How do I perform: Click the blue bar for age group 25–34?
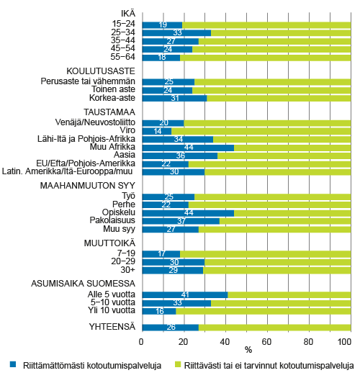tap(176, 33)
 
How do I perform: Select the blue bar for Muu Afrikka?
tap(187, 147)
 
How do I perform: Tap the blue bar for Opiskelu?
tap(187, 213)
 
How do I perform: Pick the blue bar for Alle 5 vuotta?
tap(184, 295)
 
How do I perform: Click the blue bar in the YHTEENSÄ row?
tap(170, 328)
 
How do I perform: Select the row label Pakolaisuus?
tap(115, 221)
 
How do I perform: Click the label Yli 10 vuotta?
tap(112, 311)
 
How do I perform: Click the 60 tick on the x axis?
tap(267, 341)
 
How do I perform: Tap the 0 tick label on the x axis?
tap(142, 341)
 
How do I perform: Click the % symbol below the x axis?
tap(247, 351)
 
